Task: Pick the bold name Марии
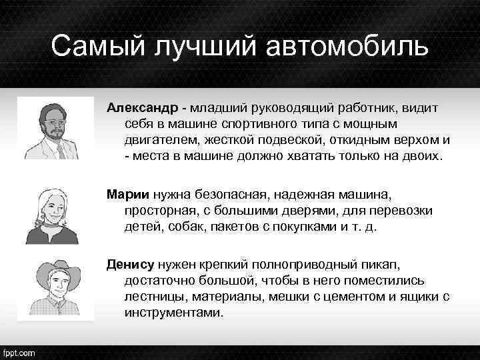pyautogui.click(x=128, y=194)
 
